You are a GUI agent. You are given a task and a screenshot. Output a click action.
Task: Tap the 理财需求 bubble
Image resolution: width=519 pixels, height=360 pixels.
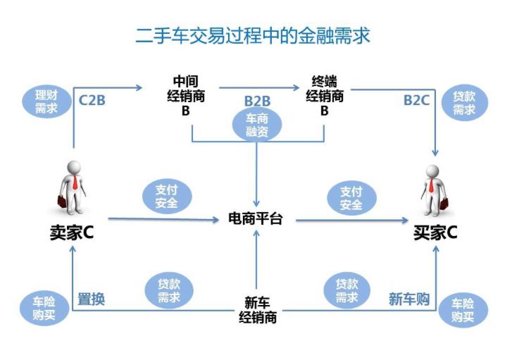tap(47, 102)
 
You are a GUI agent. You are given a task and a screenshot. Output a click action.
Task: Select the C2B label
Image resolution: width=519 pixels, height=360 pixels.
tap(92, 99)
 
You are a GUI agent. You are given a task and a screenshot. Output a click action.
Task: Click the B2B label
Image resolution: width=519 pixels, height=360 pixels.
tap(257, 101)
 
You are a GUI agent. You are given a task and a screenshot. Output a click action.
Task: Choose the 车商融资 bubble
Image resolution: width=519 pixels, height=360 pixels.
tap(256, 125)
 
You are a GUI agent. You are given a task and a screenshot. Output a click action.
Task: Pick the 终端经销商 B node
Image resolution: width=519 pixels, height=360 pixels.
tap(325, 96)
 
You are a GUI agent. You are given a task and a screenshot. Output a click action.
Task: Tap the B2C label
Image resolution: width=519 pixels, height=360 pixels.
tap(416, 100)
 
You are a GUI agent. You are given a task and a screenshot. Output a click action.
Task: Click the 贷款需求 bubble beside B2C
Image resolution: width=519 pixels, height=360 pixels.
tap(463, 103)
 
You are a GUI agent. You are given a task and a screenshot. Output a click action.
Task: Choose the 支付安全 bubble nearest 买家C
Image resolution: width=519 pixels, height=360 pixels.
tap(351, 198)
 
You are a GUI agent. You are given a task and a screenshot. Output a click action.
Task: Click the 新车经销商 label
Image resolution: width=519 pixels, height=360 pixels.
tap(256, 310)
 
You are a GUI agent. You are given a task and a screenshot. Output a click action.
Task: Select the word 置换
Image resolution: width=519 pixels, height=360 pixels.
tap(91, 299)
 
